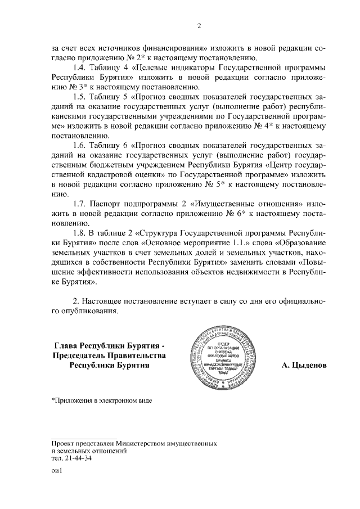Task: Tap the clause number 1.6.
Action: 82,145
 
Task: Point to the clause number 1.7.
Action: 82,203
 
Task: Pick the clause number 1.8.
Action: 82,232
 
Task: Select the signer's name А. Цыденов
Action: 304,365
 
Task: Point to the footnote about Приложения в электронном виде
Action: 101,400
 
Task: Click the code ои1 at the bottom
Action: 56,471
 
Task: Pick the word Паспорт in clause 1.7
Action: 109,203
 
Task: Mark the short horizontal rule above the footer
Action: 84,437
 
